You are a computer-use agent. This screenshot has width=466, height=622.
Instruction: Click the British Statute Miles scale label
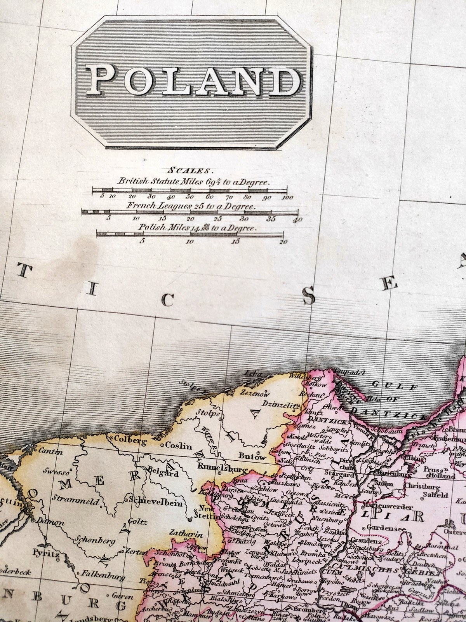pos(194,182)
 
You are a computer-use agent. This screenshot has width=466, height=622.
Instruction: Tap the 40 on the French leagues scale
pos(298,220)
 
